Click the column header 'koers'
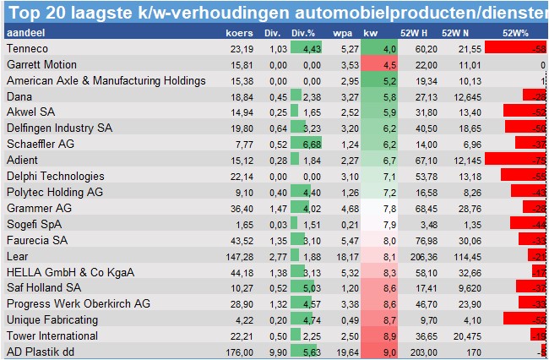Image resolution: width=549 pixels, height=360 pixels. tap(241, 32)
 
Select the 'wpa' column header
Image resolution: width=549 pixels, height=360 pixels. tap(342, 32)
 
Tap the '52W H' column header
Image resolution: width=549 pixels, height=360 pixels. tap(413, 32)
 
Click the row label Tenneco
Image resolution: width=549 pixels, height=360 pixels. tap(27, 49)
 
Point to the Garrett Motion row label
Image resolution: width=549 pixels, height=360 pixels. tap(41, 65)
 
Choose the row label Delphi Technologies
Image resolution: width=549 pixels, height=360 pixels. tap(56, 176)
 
